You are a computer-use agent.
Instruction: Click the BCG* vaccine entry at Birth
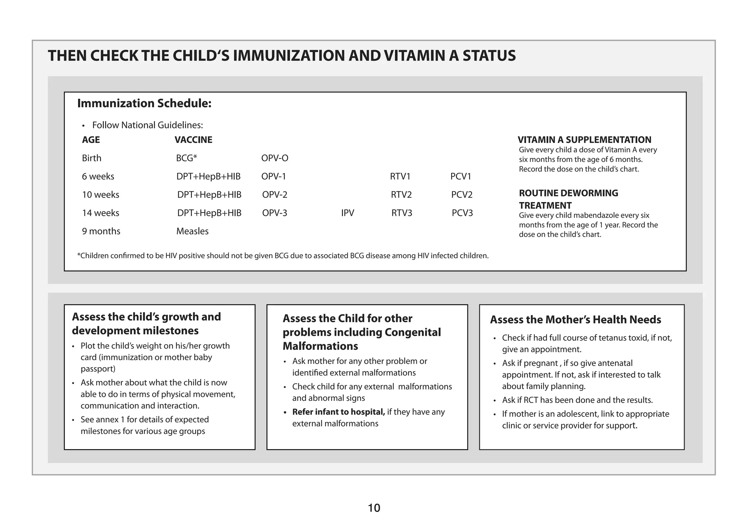click(x=186, y=158)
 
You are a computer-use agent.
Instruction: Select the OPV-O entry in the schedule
click(x=275, y=158)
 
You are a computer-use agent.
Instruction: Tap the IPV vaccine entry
click(x=348, y=213)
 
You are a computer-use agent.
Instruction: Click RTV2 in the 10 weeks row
click(x=401, y=195)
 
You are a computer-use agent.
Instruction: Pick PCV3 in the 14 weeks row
click(x=462, y=213)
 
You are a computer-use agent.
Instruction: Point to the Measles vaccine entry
click(x=192, y=231)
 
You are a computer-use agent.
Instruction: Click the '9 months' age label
click(x=101, y=231)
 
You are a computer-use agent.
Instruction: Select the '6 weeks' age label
click(x=98, y=176)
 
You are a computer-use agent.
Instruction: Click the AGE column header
click(x=91, y=140)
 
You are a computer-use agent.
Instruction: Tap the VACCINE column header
click(x=193, y=140)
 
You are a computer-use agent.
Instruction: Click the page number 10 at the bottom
click(x=374, y=508)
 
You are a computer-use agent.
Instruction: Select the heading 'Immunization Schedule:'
click(x=144, y=104)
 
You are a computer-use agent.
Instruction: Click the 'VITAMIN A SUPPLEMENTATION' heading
click(x=584, y=140)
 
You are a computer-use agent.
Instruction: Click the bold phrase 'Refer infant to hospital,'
click(x=338, y=412)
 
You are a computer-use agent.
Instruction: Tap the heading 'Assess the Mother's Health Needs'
click(x=575, y=320)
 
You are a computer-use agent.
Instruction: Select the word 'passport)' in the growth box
click(x=98, y=369)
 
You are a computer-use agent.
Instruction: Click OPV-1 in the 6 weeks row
click(x=274, y=176)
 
